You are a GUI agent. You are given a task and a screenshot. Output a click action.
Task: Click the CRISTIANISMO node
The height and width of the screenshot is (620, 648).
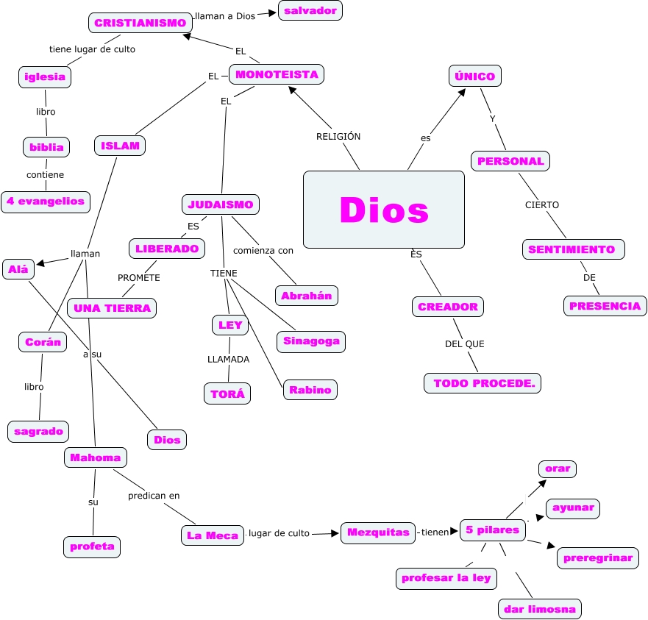(140, 23)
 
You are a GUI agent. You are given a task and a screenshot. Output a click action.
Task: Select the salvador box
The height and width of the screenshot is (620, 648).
(310, 10)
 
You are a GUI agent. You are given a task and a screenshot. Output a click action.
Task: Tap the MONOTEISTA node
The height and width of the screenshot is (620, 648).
(277, 74)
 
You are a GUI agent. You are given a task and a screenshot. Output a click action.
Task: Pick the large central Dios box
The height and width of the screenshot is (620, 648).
(384, 210)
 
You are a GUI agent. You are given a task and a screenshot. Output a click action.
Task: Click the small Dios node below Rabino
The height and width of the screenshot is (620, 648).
(166, 440)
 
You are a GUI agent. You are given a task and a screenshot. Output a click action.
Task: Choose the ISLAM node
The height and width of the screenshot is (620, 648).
(120, 146)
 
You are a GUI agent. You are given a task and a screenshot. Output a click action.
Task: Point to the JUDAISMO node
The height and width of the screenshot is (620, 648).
(221, 204)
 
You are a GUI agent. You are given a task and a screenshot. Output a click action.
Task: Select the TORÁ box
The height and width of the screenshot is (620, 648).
(227, 393)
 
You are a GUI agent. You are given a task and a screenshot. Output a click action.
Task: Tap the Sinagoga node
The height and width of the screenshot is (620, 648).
(311, 341)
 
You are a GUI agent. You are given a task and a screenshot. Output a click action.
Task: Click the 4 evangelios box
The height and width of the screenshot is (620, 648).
(46, 201)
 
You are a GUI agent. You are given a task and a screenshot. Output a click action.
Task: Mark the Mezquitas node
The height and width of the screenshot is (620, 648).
(378, 532)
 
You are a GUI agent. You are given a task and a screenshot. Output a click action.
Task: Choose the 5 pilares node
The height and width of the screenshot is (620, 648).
(493, 530)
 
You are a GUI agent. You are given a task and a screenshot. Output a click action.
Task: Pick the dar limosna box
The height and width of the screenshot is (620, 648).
(540, 609)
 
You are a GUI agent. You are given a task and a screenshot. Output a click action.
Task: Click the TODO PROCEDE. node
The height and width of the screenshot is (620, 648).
(483, 383)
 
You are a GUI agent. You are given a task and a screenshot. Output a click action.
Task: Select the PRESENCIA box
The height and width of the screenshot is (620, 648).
(605, 305)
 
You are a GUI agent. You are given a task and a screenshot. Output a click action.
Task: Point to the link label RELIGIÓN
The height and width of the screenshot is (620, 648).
(338, 136)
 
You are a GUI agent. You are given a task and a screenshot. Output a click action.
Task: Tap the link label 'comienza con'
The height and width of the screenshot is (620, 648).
(263, 251)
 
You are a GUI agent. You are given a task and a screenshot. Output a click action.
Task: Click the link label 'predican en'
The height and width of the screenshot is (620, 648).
(154, 496)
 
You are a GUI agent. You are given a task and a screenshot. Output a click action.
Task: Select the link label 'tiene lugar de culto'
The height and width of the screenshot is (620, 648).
(92, 49)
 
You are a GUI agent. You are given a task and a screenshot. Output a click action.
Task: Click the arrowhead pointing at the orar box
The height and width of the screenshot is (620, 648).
(542, 482)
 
